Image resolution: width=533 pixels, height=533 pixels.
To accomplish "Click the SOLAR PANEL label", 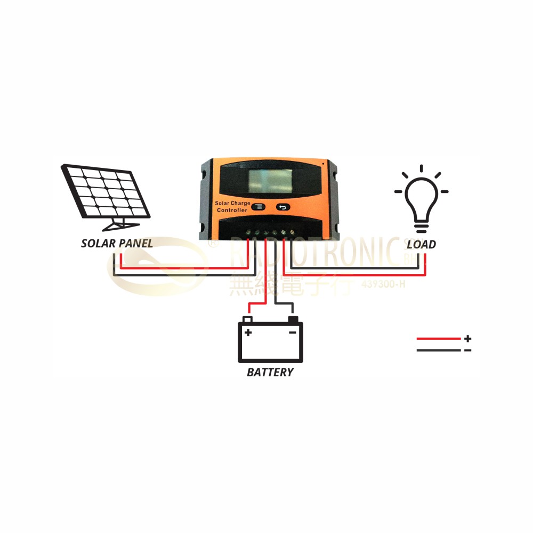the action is (x=117, y=244).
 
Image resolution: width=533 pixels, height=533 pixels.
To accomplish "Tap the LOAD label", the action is (x=421, y=245).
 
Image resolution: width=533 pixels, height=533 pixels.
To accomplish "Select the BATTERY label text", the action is (x=270, y=372).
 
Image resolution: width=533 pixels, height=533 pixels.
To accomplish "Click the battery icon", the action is (x=270, y=342).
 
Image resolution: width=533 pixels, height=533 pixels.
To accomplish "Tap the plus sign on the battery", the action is (x=248, y=332).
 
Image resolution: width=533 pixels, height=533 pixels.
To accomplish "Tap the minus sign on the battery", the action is (x=292, y=332).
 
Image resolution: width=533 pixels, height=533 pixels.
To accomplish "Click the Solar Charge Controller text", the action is (x=231, y=207).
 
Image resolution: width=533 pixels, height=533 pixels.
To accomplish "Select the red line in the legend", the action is (x=438, y=338).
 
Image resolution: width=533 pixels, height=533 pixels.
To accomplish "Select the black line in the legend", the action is (x=438, y=350).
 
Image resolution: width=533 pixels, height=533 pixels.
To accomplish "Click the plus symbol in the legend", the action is (x=467, y=338).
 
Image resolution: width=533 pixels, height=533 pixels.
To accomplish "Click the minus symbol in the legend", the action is (x=467, y=350).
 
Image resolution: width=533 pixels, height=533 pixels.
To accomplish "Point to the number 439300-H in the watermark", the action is (x=383, y=284).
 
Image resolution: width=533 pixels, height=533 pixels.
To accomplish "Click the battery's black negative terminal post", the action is (x=293, y=319).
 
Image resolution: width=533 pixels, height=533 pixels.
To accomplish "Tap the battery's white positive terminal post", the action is (x=247, y=319).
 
